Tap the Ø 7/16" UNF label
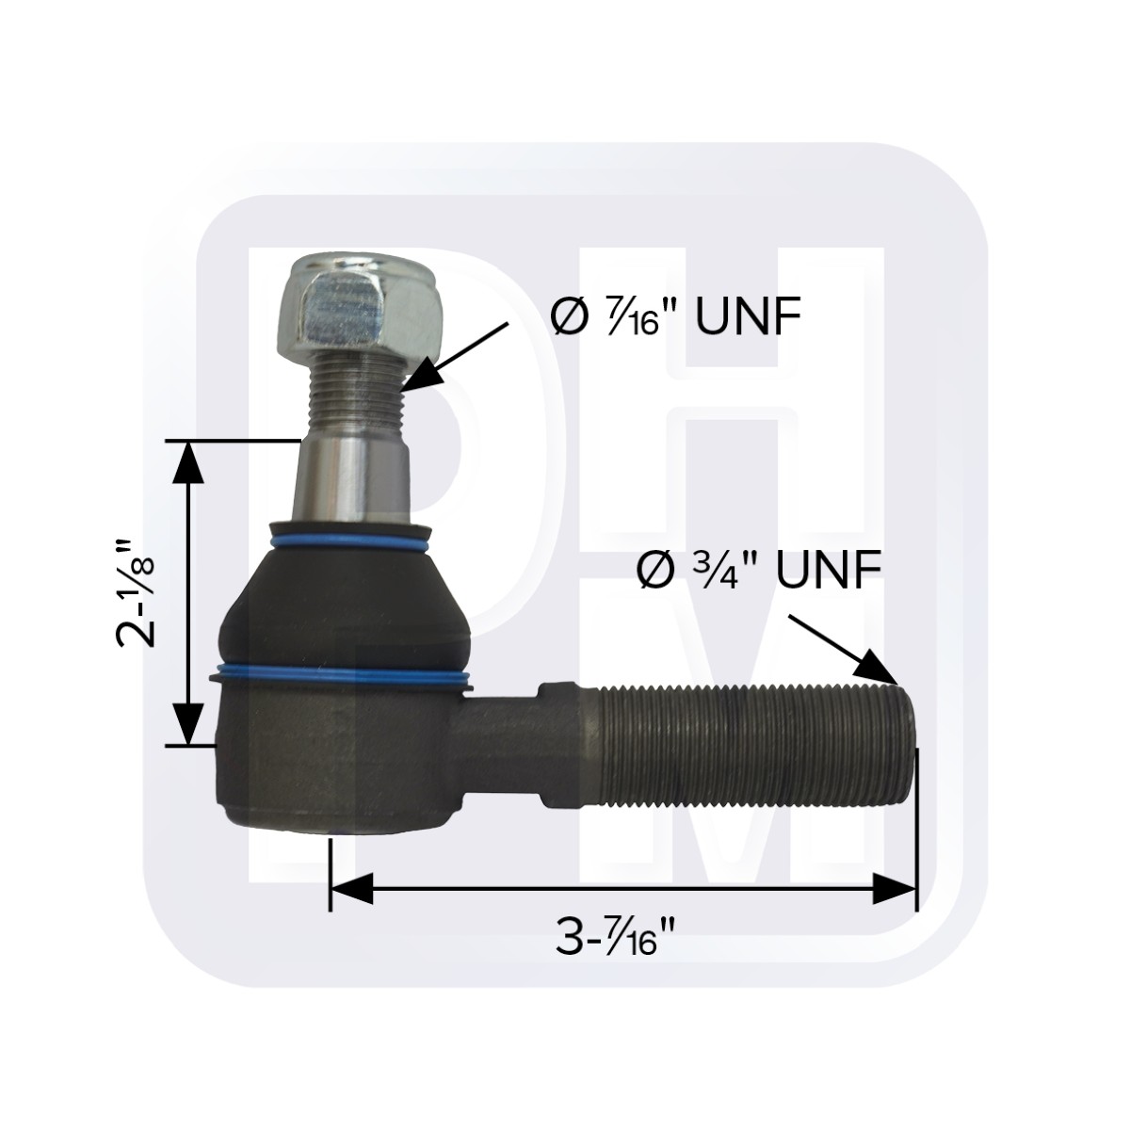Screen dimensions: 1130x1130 click(674, 318)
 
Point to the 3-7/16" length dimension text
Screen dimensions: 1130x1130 click(618, 938)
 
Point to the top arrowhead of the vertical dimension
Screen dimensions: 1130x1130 click(189, 461)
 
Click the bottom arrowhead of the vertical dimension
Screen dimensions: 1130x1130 click(189, 725)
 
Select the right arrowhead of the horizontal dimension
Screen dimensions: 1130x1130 click(895, 887)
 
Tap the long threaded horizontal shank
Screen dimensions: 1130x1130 click(744, 744)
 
